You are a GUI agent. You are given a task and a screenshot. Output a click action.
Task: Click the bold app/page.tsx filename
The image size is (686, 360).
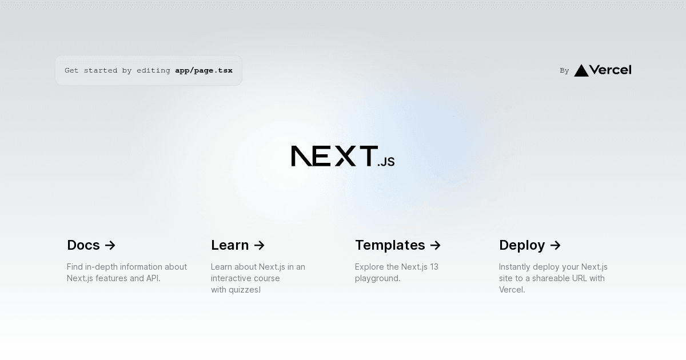coord(204,70)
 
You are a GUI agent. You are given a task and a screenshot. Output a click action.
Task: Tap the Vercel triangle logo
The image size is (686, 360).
coord(581,70)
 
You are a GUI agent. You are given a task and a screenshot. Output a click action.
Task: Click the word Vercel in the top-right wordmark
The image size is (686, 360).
coord(610,70)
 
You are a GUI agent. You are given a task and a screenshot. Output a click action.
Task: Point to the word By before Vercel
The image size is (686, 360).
coord(564,71)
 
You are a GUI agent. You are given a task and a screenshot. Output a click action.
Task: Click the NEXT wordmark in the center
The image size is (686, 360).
coord(334,156)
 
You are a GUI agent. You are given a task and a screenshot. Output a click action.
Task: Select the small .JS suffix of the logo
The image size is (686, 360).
coord(386,162)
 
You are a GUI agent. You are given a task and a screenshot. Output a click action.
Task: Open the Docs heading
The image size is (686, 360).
coord(83,245)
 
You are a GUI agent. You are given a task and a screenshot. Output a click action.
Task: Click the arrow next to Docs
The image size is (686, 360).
coord(110,245)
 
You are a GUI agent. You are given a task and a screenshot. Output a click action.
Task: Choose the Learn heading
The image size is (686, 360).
coord(230,245)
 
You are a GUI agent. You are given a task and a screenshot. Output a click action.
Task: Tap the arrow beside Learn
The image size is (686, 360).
coord(260,245)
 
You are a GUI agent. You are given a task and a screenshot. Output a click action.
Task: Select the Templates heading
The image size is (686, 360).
coord(390,245)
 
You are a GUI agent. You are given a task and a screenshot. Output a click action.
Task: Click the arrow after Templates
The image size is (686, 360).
coord(436,245)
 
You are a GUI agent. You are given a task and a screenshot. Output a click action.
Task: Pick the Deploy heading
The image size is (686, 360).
coord(522,245)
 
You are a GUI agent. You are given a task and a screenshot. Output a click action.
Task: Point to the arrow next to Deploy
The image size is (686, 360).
coord(556,245)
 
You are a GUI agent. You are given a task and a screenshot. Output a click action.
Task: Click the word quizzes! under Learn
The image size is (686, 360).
coord(244,290)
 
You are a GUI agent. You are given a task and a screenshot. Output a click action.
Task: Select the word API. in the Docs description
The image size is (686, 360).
coord(153,278)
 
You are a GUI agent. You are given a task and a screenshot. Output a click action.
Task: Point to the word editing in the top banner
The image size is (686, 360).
coord(153,70)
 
